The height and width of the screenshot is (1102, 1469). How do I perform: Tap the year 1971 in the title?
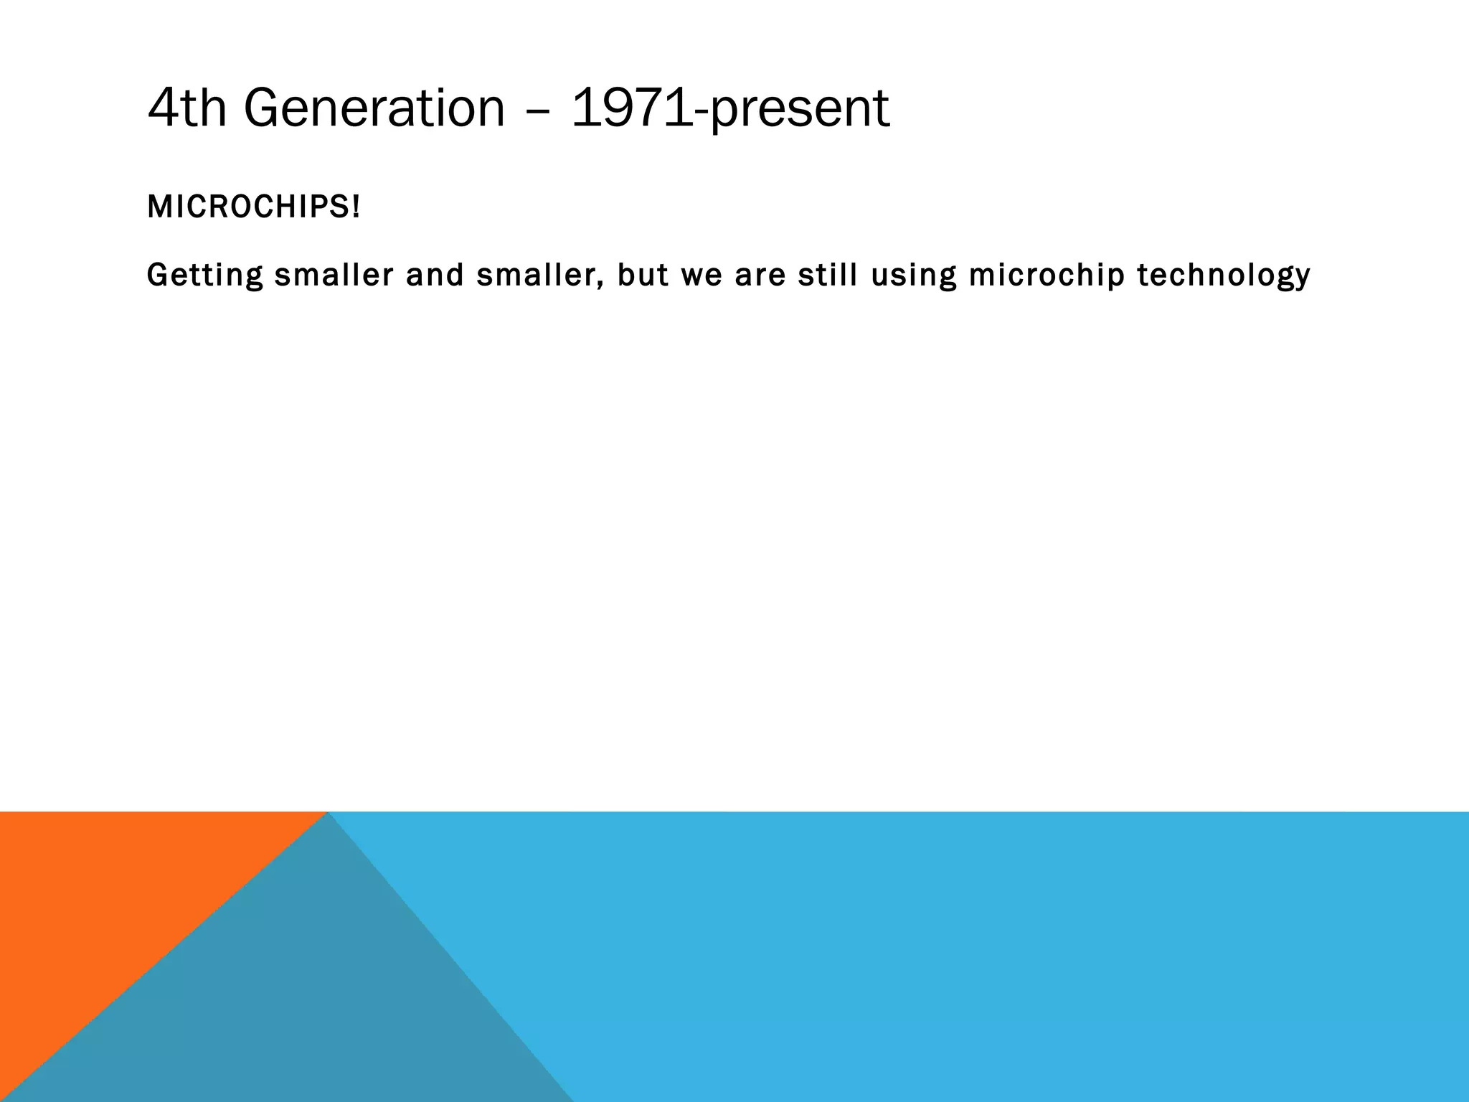[633, 108]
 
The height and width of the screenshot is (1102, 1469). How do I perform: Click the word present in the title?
[799, 112]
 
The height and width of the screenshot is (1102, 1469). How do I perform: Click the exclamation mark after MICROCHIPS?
[356, 207]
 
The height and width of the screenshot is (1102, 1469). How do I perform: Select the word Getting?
[205, 275]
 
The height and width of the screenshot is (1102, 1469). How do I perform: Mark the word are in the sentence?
[760, 275]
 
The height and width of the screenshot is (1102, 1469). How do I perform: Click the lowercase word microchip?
[1047, 275]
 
